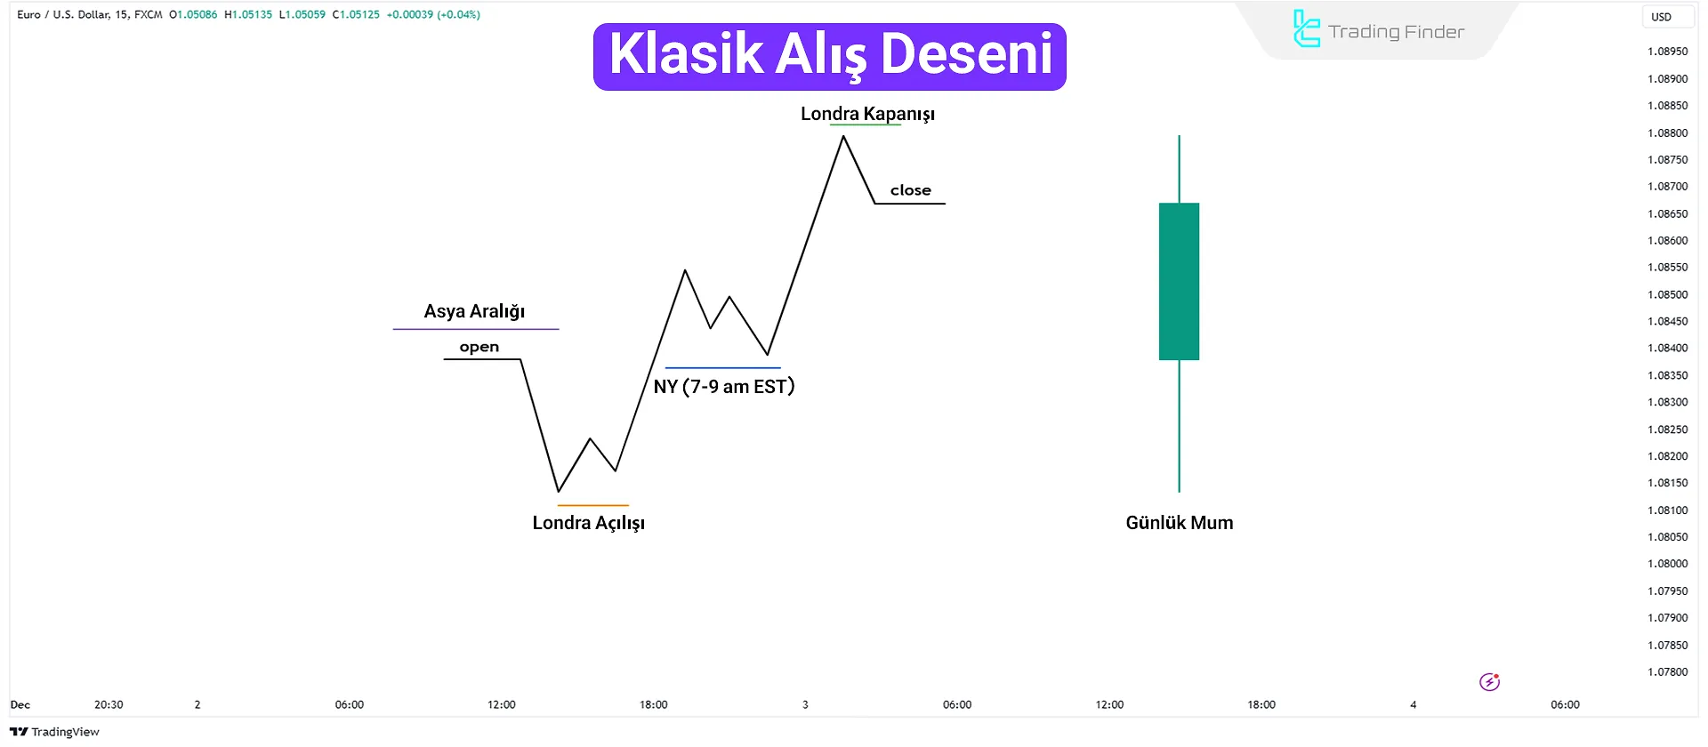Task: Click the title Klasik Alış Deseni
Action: click(x=829, y=56)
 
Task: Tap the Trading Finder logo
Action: click(x=1378, y=30)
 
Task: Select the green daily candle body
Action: click(x=1179, y=281)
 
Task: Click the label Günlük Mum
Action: click(x=1179, y=523)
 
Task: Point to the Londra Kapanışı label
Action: click(x=867, y=114)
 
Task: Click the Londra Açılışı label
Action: click(x=588, y=523)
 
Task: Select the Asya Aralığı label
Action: click(x=474, y=311)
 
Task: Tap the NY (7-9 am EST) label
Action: click(x=723, y=387)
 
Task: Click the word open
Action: click(x=479, y=347)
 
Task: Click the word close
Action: click(x=910, y=190)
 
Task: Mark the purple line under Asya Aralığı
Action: click(x=476, y=329)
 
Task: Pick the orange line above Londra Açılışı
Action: click(x=592, y=505)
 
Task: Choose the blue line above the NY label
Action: click(x=722, y=367)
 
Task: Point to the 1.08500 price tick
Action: click(x=1667, y=294)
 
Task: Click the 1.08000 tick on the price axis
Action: click(x=1667, y=564)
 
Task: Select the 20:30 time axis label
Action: click(x=109, y=704)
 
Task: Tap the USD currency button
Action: click(x=1661, y=16)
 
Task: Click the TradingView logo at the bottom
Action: click(x=55, y=732)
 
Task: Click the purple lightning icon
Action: click(x=1489, y=682)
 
